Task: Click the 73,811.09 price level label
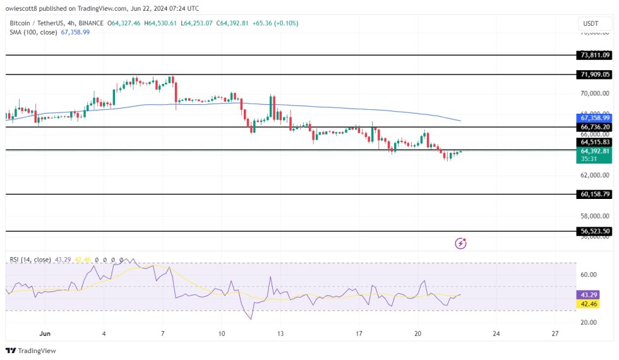595,55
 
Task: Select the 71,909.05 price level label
595,75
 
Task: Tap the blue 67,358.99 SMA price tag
595,117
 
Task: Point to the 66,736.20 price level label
595,127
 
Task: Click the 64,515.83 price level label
595,142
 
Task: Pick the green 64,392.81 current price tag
595,151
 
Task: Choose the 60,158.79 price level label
595,194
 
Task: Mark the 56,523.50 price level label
595,231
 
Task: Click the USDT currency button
591,24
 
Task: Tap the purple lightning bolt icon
461,243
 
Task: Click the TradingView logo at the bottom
32,351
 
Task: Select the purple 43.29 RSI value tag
595,294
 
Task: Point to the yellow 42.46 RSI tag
595,304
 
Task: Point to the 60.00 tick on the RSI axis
589,275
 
